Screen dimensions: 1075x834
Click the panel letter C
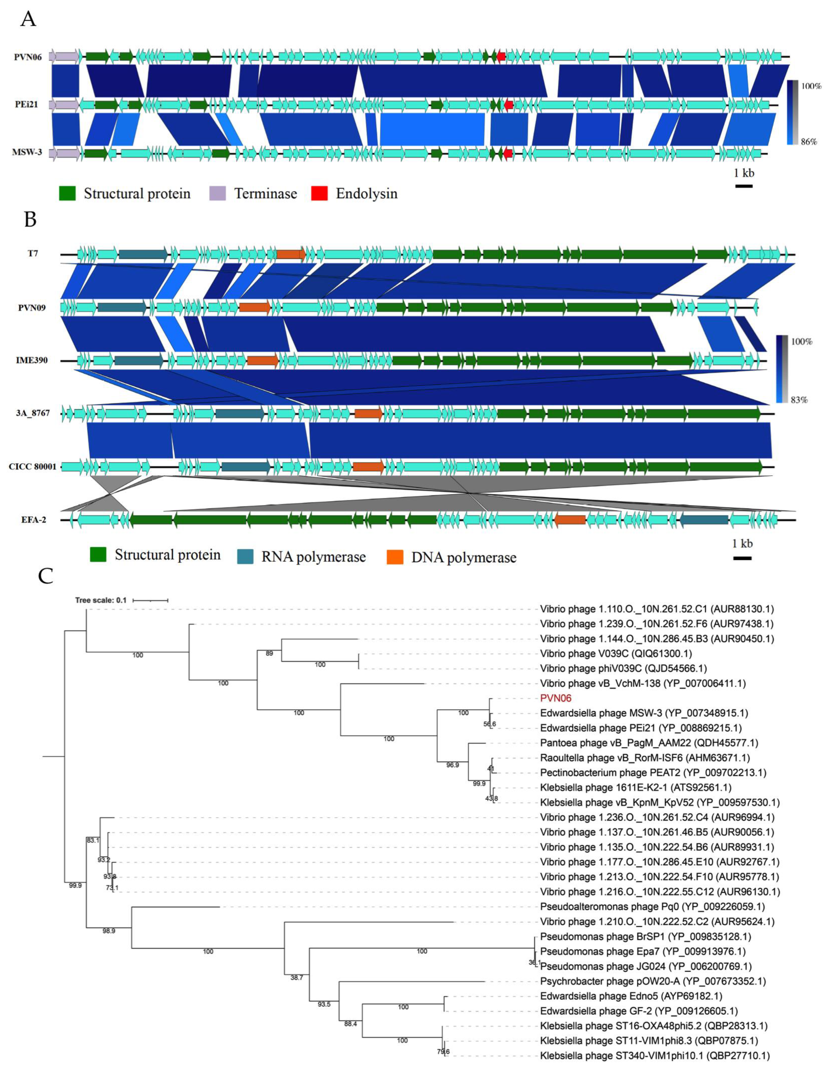coord(46,575)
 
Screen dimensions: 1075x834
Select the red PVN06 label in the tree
coord(556,698)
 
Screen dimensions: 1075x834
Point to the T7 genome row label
coord(33,254)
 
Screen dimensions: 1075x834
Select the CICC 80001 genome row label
coord(32,467)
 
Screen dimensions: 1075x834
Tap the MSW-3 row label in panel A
coord(27,152)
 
